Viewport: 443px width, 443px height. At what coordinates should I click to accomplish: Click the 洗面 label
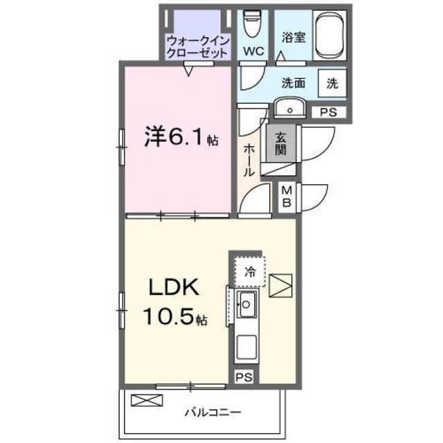(293, 83)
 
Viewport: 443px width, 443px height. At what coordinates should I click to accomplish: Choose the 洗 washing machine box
(332, 83)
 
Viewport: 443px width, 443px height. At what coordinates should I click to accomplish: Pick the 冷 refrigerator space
(249, 271)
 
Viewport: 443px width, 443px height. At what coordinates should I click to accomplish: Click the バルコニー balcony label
(213, 413)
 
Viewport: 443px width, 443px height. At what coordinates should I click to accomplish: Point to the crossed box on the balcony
(147, 400)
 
